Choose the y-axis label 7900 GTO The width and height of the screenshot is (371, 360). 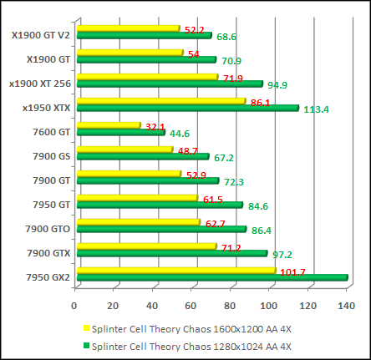[x=48, y=228]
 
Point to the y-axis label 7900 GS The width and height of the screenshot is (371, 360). [x=53, y=156]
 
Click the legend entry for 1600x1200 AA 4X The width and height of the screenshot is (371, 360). [x=191, y=328]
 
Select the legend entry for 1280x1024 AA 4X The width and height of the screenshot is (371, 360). [x=191, y=345]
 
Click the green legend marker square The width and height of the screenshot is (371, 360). [x=86, y=346]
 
